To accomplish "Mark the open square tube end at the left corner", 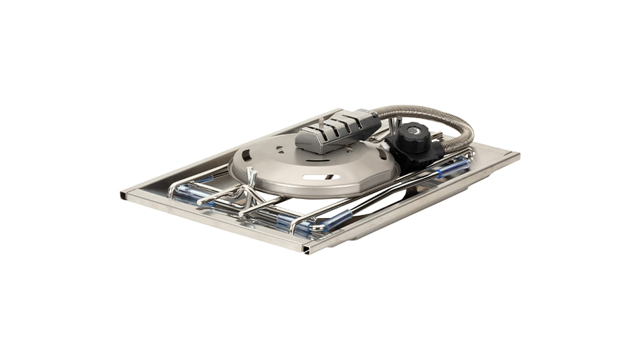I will click(x=124, y=194).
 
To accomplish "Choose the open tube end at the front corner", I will click(x=305, y=249).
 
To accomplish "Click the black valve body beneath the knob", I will click(x=419, y=154).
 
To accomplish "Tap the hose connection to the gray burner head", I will click(x=376, y=118).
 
